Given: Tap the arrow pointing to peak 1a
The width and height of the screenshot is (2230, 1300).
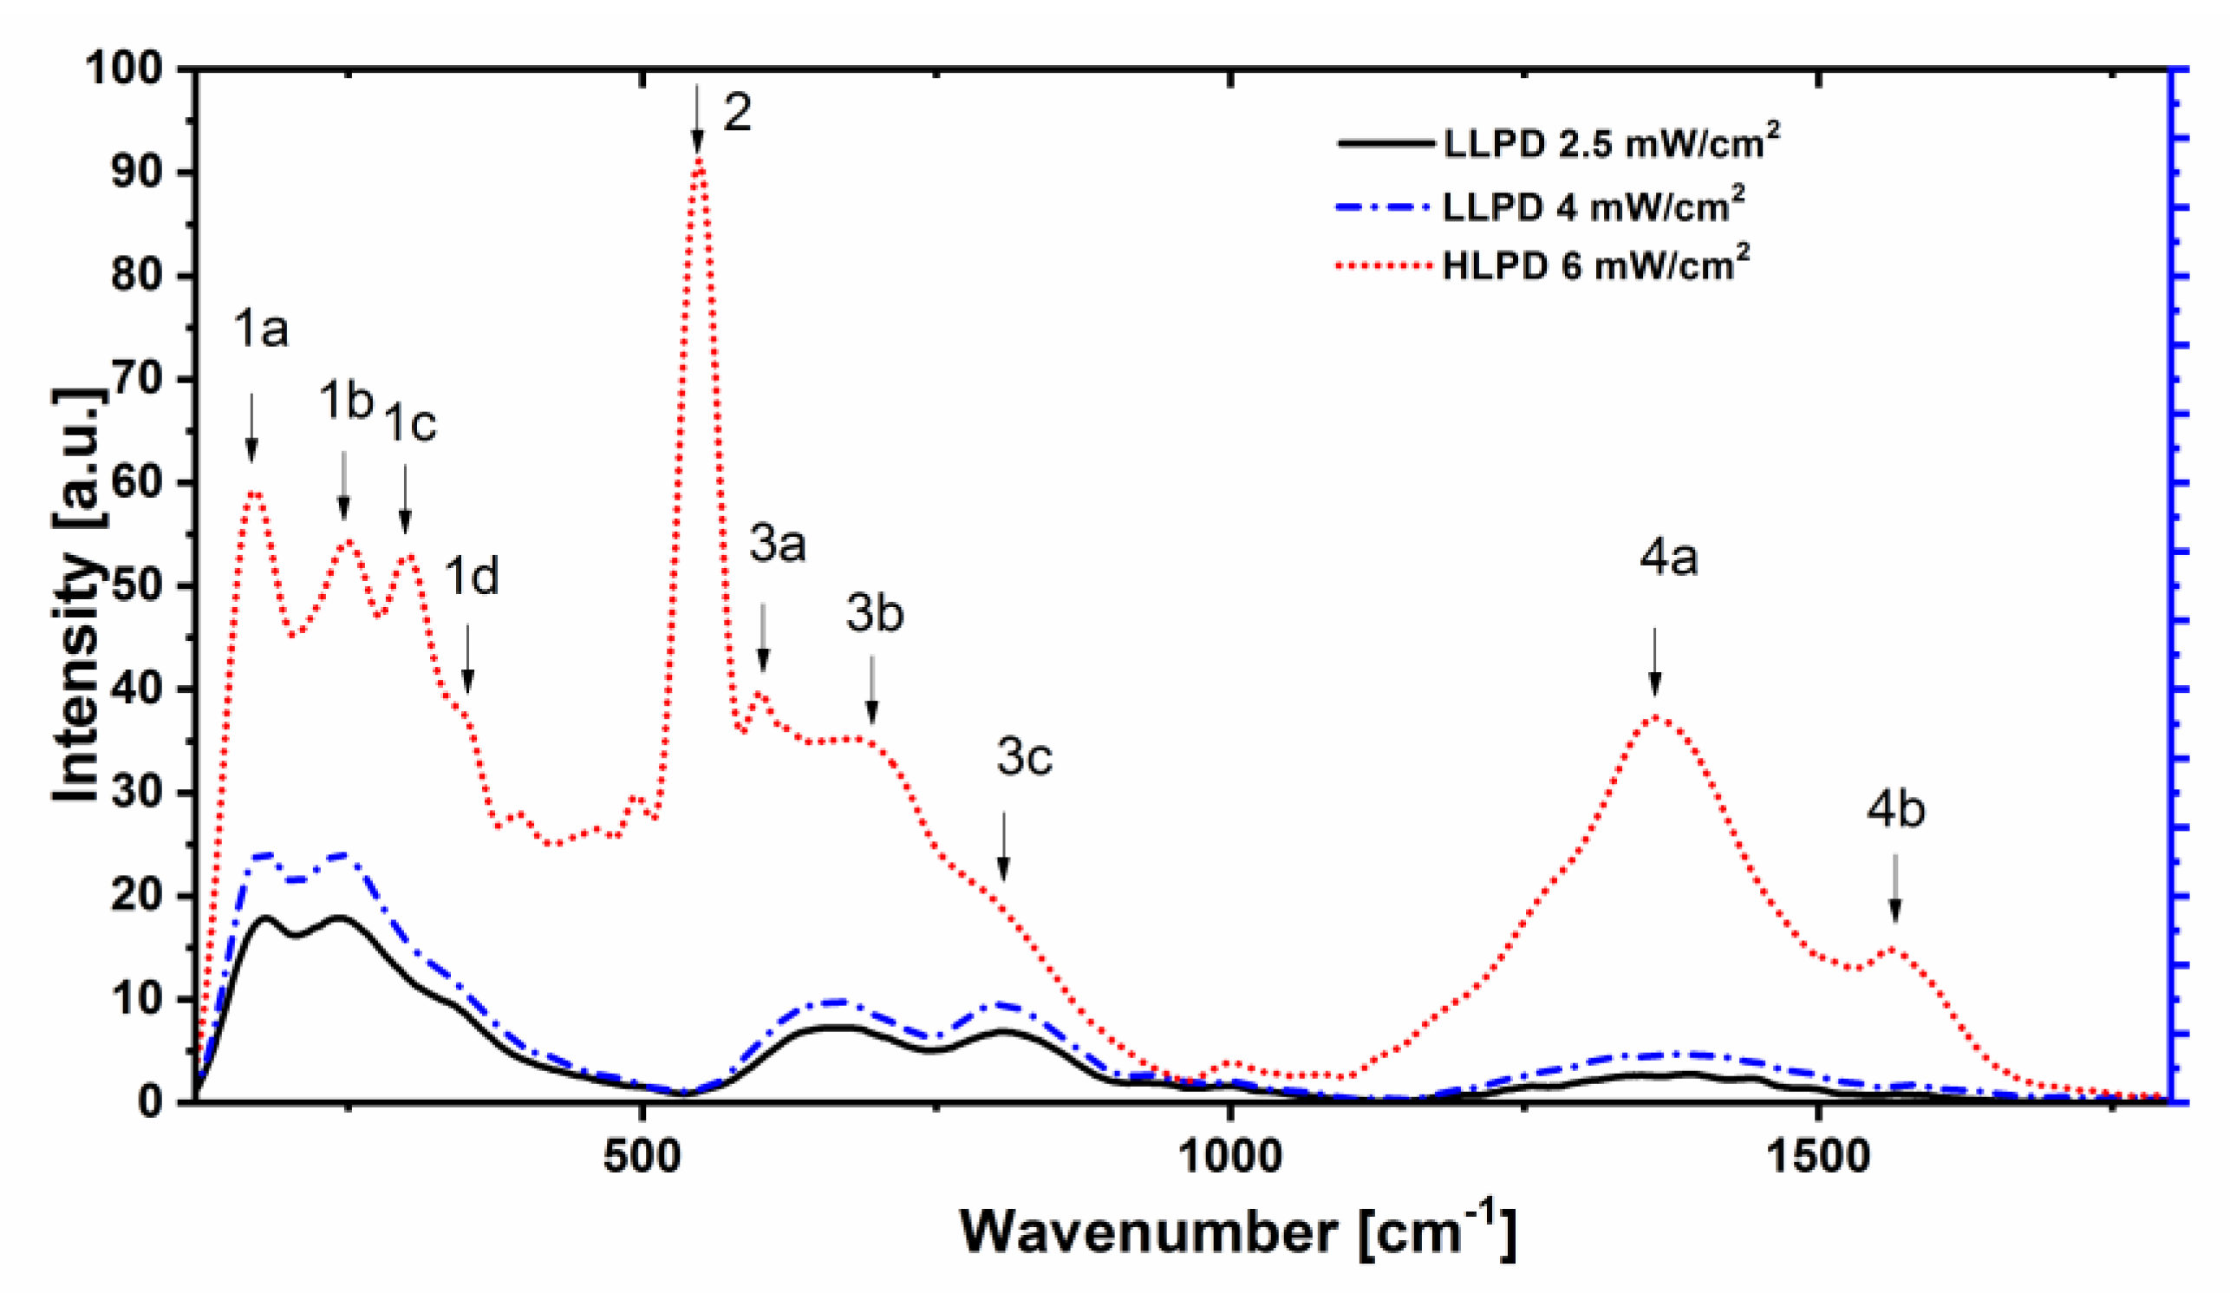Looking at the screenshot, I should click(x=251, y=427).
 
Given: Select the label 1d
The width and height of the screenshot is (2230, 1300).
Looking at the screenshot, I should click(x=471, y=576).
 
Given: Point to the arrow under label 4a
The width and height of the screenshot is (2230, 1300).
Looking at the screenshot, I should click(x=1654, y=662).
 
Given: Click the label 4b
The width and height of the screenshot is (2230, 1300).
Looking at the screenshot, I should click(x=1895, y=810).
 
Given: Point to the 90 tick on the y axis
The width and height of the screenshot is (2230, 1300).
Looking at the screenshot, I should click(x=141, y=172).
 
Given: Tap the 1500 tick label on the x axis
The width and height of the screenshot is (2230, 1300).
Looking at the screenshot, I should click(x=1817, y=1157).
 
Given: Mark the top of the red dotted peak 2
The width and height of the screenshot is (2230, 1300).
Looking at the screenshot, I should click(x=699, y=160).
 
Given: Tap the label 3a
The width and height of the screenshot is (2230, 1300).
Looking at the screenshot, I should click(x=777, y=544).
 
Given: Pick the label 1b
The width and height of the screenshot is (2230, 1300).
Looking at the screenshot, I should click(x=346, y=401).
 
